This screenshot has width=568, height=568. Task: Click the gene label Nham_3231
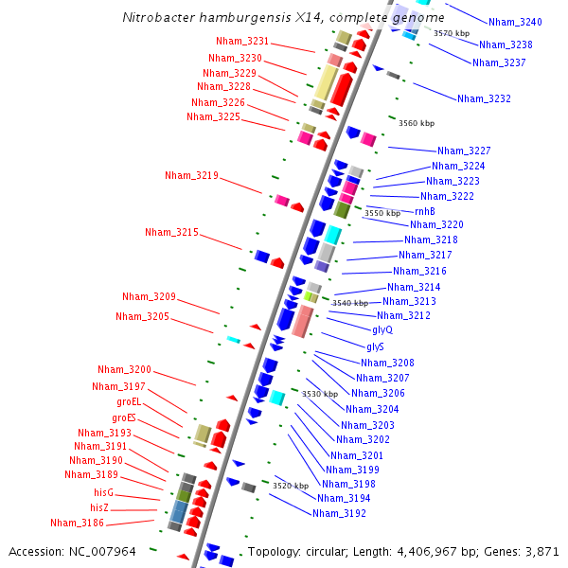242,42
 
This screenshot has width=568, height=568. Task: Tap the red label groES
124,417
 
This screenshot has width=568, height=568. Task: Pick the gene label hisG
103,492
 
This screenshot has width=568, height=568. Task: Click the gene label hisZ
100,507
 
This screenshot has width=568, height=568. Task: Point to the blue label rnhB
425,211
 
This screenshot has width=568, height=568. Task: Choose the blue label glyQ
382,329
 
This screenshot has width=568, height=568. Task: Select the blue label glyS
376,346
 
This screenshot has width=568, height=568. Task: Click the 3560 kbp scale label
417,123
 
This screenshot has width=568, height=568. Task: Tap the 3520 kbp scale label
291,486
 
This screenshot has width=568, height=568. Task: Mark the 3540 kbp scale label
349,303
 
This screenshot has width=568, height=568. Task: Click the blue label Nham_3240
515,22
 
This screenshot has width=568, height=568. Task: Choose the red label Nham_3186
77,523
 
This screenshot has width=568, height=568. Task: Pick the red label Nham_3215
171,232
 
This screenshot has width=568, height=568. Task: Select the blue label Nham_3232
484,98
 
